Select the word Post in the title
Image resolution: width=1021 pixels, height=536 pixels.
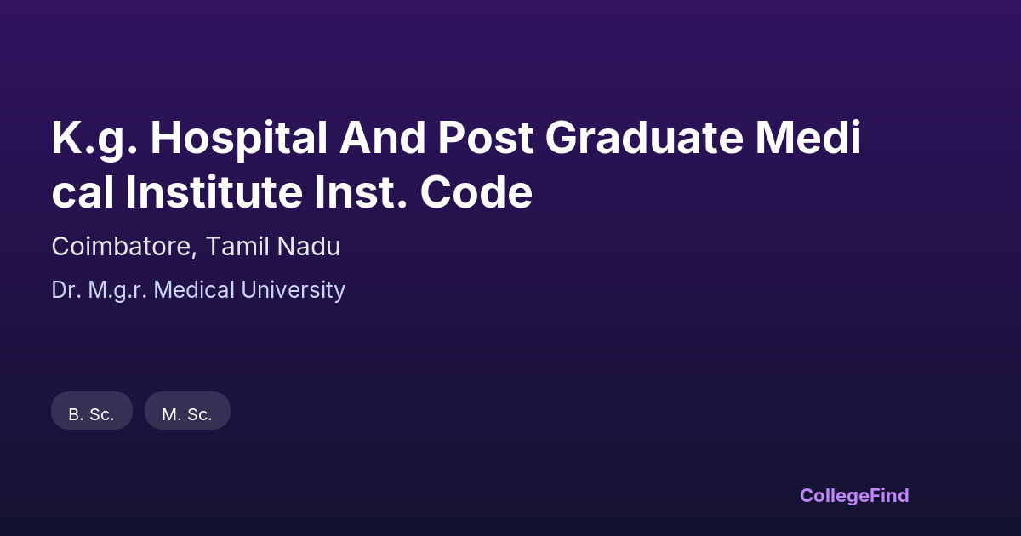486,138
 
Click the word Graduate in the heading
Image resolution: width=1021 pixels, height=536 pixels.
645,138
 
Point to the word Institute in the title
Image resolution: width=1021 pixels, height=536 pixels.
214,192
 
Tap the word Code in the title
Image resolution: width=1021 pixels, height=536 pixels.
476,192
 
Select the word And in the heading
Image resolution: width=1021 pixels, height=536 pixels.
382,138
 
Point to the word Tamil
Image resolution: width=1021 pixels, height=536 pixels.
237,246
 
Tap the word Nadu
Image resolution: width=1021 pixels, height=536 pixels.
309,246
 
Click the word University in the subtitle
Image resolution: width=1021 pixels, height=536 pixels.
293,290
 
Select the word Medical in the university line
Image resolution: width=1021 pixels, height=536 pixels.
194,290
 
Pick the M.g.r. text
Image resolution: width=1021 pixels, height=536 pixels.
117,290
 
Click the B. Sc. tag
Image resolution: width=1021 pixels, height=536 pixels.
92,411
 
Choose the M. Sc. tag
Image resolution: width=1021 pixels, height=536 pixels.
187,411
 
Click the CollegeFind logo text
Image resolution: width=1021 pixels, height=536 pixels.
854,496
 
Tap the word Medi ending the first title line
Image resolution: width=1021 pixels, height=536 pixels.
808,138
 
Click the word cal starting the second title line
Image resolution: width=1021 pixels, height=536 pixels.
83,192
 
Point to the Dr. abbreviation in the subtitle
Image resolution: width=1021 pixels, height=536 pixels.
66,290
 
